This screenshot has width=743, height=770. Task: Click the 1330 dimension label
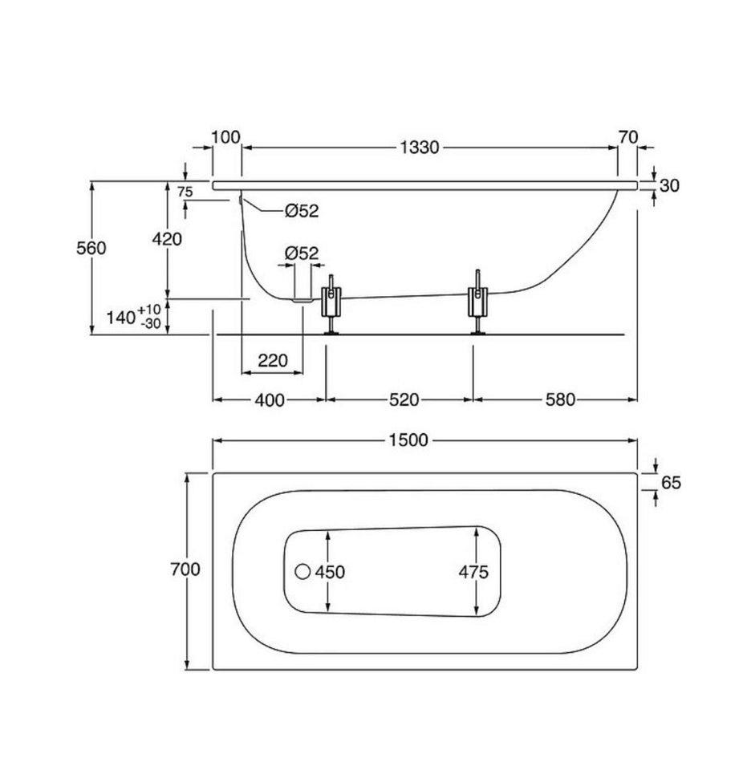[419, 148]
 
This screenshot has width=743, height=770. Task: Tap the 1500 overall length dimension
[408, 440]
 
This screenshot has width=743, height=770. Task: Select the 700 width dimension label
[185, 569]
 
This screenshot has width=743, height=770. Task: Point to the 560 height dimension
[91, 248]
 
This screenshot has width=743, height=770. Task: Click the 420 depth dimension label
[167, 239]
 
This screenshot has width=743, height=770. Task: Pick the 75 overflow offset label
[185, 192]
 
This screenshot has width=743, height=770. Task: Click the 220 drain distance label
[273, 361]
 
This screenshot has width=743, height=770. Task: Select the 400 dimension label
[270, 400]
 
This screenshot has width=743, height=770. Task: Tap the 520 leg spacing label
[404, 400]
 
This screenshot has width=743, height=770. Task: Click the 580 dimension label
[560, 400]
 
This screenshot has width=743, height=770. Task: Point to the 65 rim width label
[672, 483]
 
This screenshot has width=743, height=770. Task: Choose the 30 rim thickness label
[669, 185]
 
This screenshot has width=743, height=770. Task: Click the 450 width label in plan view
[331, 572]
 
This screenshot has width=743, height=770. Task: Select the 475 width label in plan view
[473, 572]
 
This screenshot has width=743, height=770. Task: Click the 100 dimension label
[225, 137]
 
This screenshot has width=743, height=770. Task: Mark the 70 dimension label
[628, 137]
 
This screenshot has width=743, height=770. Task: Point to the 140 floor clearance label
[134, 317]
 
